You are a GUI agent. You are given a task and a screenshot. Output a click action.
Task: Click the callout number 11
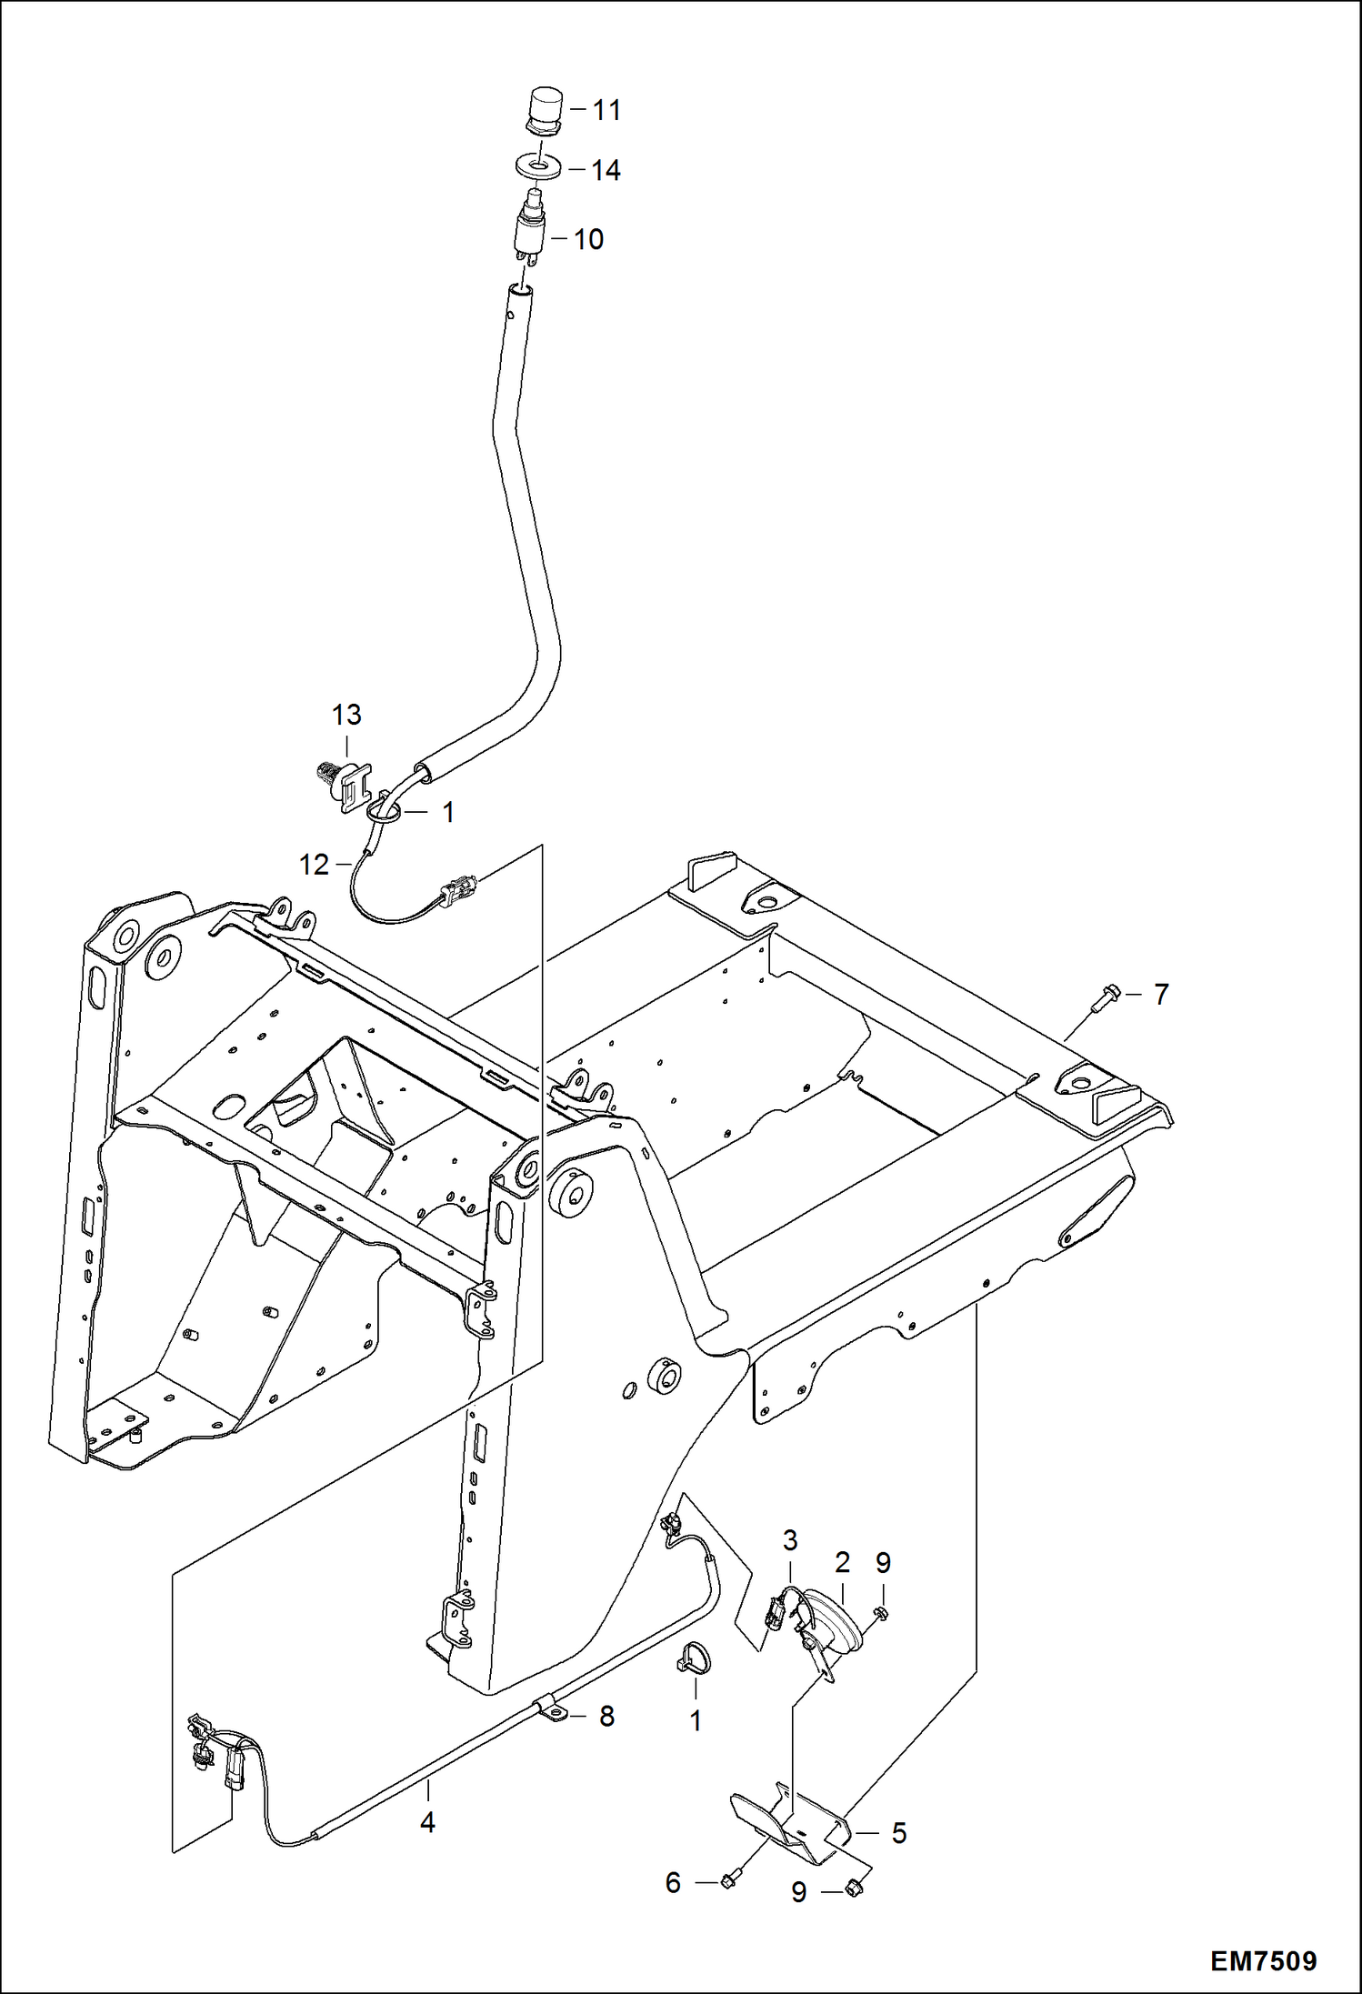point(606,110)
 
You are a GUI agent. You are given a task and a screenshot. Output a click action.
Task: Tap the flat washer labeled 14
point(537,167)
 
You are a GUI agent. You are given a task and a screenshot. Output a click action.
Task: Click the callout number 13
point(346,715)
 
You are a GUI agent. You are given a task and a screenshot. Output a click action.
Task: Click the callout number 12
point(314,865)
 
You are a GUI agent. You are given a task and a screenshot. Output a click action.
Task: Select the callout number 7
point(1160,995)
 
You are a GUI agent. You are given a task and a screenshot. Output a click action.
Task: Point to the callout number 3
point(789,1540)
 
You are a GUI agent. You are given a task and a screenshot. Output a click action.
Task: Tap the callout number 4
point(426,1823)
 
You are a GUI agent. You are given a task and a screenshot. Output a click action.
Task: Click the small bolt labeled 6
point(727,1880)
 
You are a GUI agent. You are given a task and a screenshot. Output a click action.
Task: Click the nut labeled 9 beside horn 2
point(880,1613)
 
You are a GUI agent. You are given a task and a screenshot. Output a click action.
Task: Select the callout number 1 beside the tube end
point(447,812)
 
